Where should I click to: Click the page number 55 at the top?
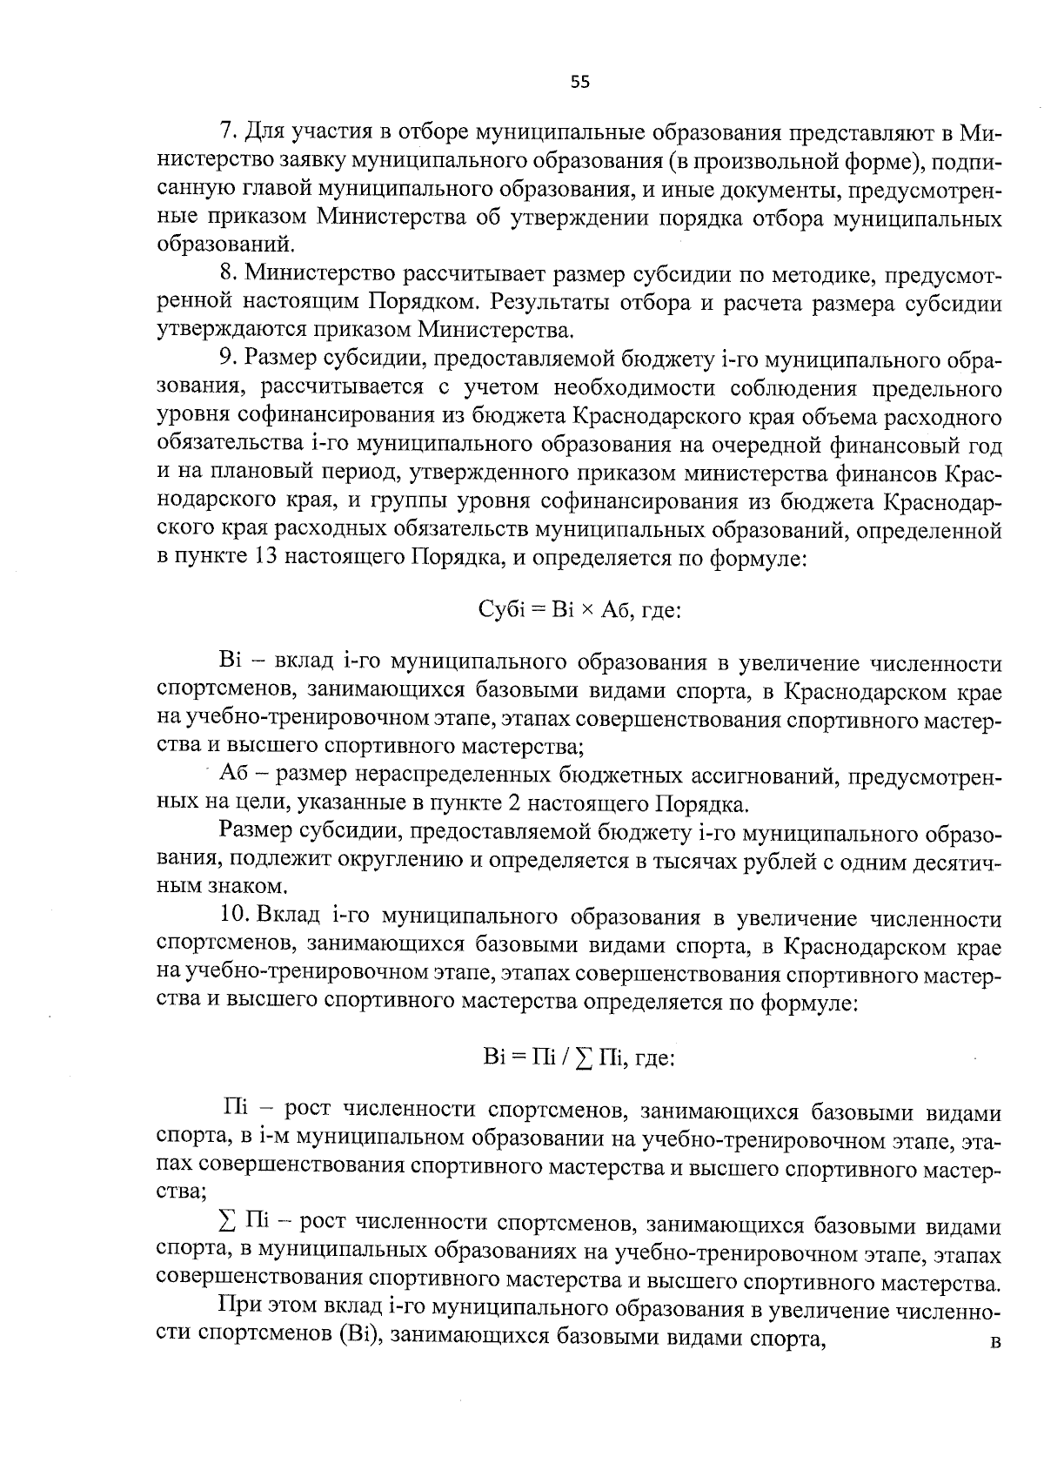click(x=580, y=83)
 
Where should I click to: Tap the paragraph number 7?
click(x=227, y=132)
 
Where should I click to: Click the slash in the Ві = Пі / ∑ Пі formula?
click(x=566, y=1057)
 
